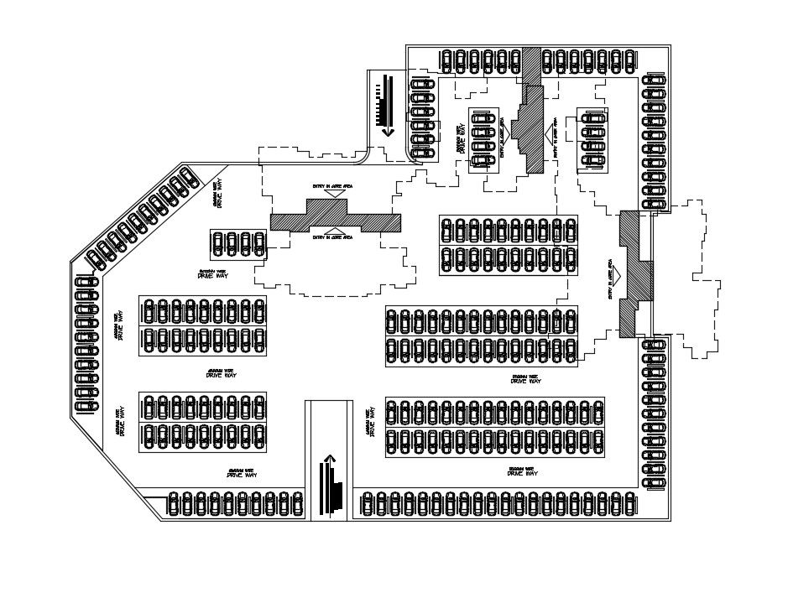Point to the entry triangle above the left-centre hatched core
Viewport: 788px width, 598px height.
[335, 194]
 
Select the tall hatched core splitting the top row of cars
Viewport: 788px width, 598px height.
[531, 109]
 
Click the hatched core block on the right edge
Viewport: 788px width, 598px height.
[635, 273]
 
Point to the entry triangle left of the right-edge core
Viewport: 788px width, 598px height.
[615, 273]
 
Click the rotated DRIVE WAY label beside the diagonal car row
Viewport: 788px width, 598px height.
[218, 194]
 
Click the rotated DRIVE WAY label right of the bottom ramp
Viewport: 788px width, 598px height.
[369, 421]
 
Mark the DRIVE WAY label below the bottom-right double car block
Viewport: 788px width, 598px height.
[522, 473]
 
